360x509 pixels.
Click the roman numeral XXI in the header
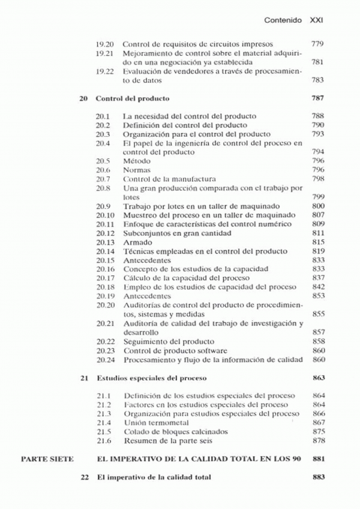tap(316, 20)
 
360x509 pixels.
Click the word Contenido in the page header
tap(283, 20)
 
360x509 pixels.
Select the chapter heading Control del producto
tap(133, 98)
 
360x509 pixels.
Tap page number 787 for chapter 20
tap(318, 98)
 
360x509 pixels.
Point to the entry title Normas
tap(137, 170)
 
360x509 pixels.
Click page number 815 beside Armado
tap(318, 242)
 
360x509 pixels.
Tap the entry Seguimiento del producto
tap(160, 341)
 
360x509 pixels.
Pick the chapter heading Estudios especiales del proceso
tap(151, 378)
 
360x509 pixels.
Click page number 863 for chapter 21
tap(318, 378)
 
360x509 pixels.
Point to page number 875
tap(318, 432)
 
